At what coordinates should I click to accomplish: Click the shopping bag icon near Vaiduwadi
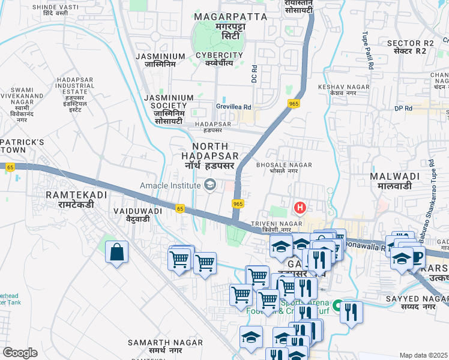pyautogui.click(x=116, y=252)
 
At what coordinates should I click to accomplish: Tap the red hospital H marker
pyautogui.click(x=300, y=208)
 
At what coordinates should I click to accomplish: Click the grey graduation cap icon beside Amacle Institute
pyautogui.click(x=210, y=184)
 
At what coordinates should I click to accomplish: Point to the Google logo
pyautogui.click(x=20, y=353)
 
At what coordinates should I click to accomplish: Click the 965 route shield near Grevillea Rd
pyautogui.click(x=294, y=103)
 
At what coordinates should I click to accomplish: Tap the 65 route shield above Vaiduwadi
pyautogui.click(x=180, y=208)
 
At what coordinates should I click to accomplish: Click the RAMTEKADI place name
pyautogui.click(x=75, y=200)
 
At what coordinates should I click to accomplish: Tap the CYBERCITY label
pyautogui.click(x=219, y=59)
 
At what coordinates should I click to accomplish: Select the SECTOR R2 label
pyautogui.click(x=410, y=47)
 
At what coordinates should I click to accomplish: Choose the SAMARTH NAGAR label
pyautogui.click(x=155, y=346)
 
